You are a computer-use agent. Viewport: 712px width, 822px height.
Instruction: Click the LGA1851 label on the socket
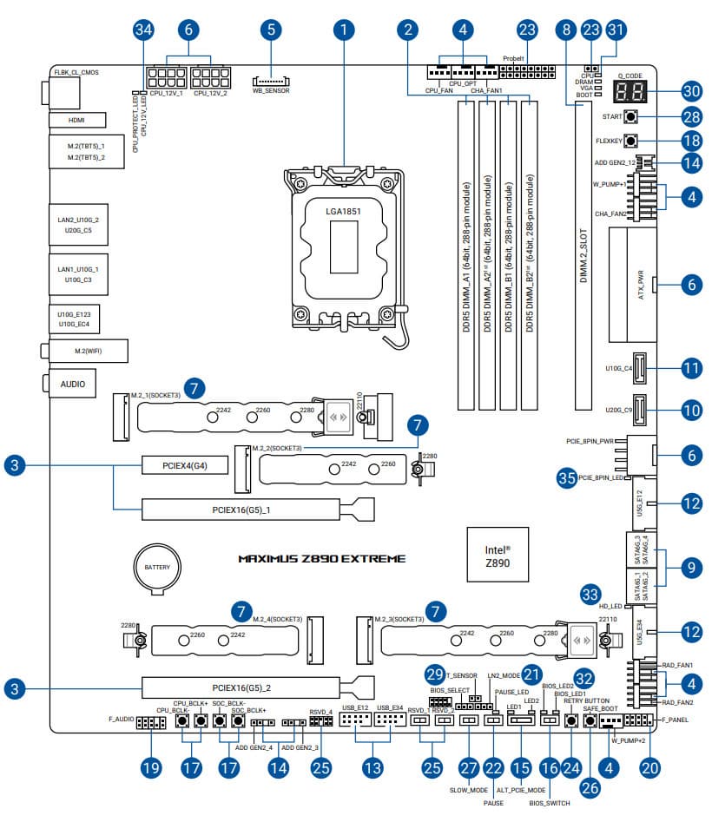pyautogui.click(x=343, y=211)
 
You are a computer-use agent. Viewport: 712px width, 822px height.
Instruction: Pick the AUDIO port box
pyautogui.click(x=71, y=382)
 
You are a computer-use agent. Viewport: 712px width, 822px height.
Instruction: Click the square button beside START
pyautogui.click(x=631, y=117)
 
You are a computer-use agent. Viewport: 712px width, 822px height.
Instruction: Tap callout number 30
pyautogui.click(x=691, y=90)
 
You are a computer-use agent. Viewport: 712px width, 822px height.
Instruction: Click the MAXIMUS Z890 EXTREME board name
pyautogui.click(x=321, y=559)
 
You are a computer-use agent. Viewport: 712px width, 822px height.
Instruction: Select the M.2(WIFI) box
pyautogui.click(x=86, y=350)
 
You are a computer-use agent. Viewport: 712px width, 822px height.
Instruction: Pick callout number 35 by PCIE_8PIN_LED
pyautogui.click(x=567, y=477)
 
